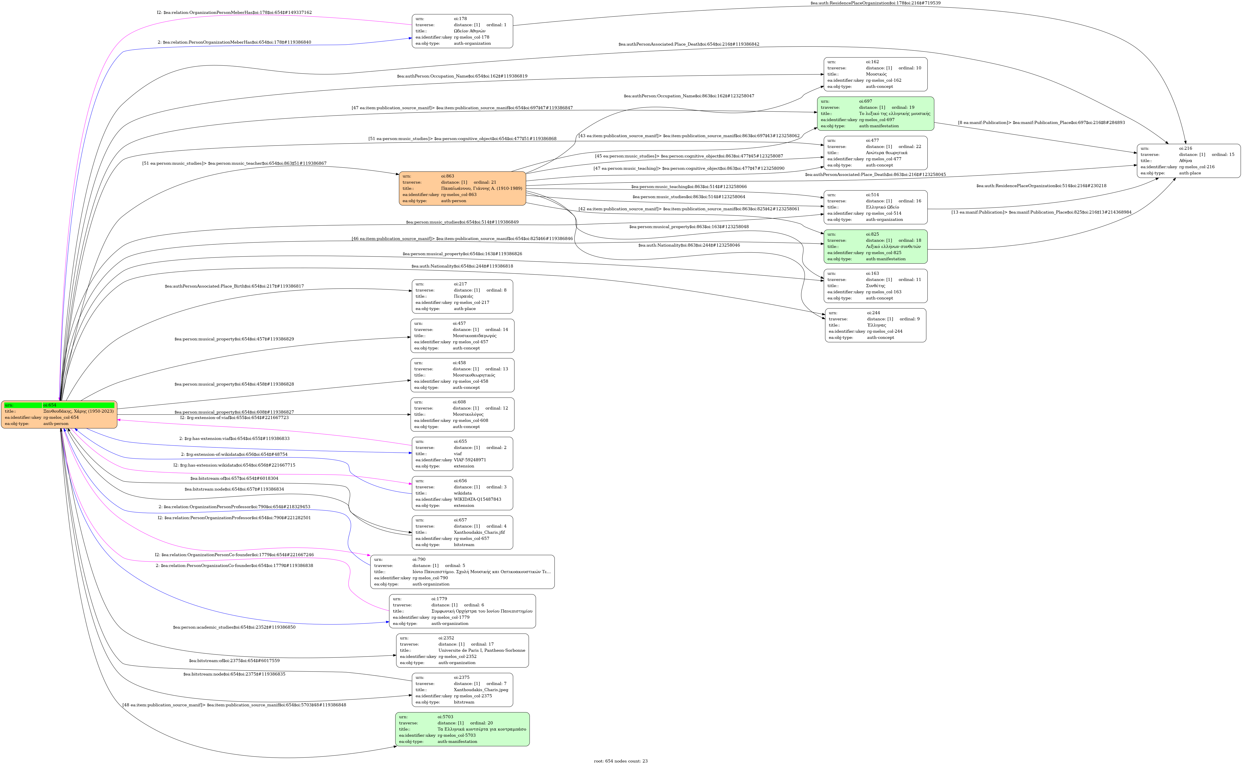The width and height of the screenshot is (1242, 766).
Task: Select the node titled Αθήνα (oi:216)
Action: click(1188, 161)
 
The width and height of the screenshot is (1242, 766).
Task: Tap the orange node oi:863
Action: click(462, 188)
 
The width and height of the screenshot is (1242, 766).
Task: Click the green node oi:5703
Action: click(462, 729)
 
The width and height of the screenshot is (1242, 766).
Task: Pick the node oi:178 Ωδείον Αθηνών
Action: click(462, 31)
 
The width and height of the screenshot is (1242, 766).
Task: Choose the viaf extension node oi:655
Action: click(462, 453)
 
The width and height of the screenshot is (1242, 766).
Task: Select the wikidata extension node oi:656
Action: click(462, 493)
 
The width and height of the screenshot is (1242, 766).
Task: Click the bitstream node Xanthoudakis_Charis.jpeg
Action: click(462, 690)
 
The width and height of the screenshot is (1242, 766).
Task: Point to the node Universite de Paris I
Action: click(462, 650)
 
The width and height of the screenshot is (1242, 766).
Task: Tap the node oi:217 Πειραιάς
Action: click(462, 296)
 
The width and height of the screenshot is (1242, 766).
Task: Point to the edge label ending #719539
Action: click(875, 3)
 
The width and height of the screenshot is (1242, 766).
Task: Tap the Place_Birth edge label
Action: click(234, 286)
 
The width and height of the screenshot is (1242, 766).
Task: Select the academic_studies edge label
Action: click(234, 627)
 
